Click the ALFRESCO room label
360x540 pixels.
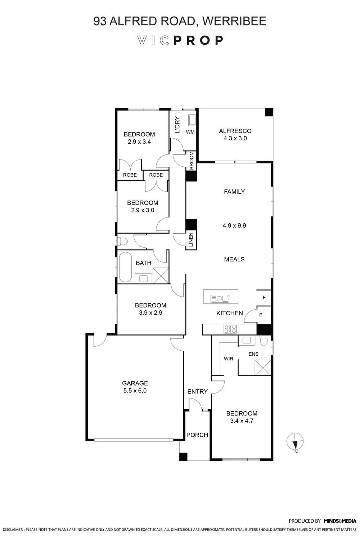point(235,131)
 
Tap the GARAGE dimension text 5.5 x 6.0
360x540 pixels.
point(135,391)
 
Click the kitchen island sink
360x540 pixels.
point(220,299)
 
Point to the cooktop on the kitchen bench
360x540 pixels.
point(230,329)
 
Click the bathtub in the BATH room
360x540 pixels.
point(125,267)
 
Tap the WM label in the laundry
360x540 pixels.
point(190,132)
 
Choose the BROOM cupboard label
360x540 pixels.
point(192,160)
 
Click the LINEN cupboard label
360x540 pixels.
point(191,240)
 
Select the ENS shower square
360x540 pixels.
point(263,367)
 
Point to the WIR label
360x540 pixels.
point(228,359)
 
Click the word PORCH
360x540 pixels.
point(197,435)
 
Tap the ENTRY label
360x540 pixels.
point(198,392)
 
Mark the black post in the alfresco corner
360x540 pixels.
point(269,112)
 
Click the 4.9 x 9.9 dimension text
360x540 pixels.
point(234,225)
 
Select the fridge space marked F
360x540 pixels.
point(264,298)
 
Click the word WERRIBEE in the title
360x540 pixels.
point(234,21)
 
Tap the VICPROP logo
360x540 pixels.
point(180,40)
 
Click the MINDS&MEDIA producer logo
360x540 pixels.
point(340,521)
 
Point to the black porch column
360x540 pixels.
point(183,457)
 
